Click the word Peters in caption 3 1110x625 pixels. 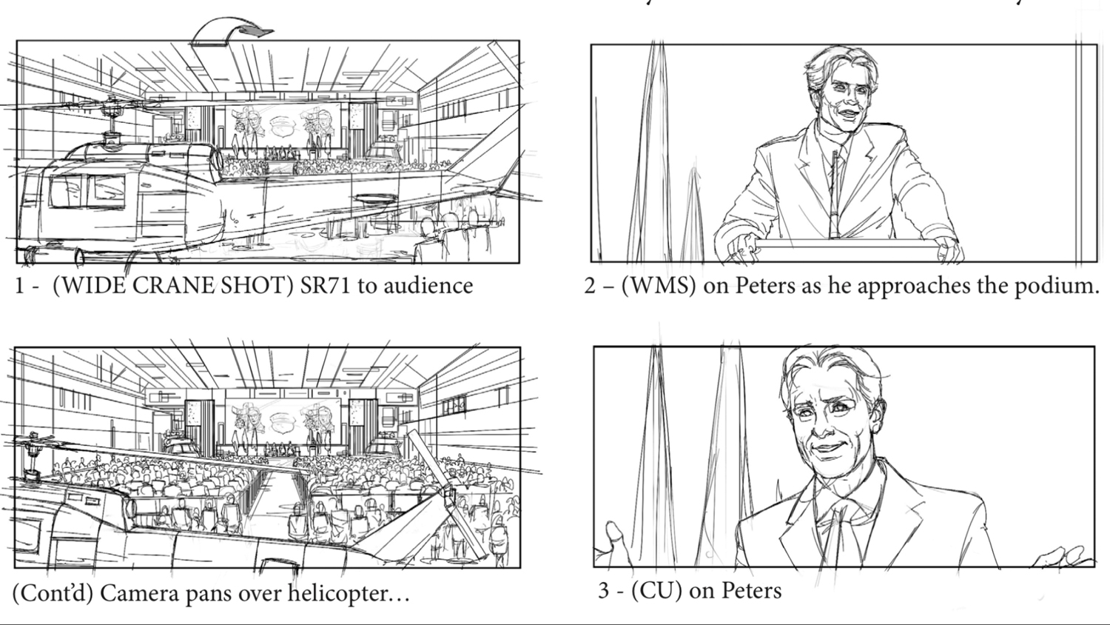point(752,591)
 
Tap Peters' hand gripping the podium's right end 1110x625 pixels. point(949,250)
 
